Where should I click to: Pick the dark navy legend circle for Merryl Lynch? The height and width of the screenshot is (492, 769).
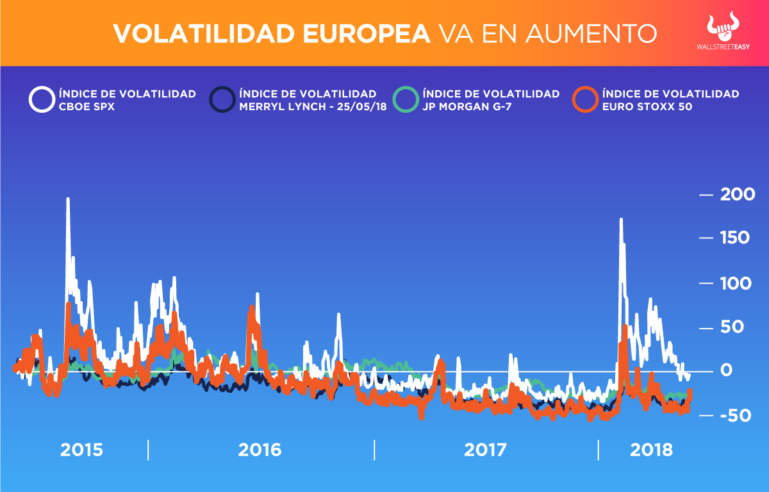click(222, 100)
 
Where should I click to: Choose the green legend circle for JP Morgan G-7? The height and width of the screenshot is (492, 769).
click(405, 100)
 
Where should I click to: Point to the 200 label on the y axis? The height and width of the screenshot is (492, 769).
click(737, 195)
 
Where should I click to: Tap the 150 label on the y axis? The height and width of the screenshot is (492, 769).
click(736, 238)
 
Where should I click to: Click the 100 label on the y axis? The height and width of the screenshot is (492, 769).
click(736, 283)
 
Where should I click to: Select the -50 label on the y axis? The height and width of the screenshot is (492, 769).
click(734, 416)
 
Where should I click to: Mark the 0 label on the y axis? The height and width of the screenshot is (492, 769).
click(725, 371)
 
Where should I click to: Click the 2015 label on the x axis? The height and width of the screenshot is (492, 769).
click(81, 450)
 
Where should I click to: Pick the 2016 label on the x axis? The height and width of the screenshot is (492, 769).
click(260, 450)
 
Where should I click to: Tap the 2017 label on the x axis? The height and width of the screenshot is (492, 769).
click(486, 450)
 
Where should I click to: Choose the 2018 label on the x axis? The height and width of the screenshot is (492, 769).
click(651, 450)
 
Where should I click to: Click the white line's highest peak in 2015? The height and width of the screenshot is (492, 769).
click(67, 200)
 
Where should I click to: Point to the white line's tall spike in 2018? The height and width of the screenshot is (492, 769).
click(620, 220)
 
